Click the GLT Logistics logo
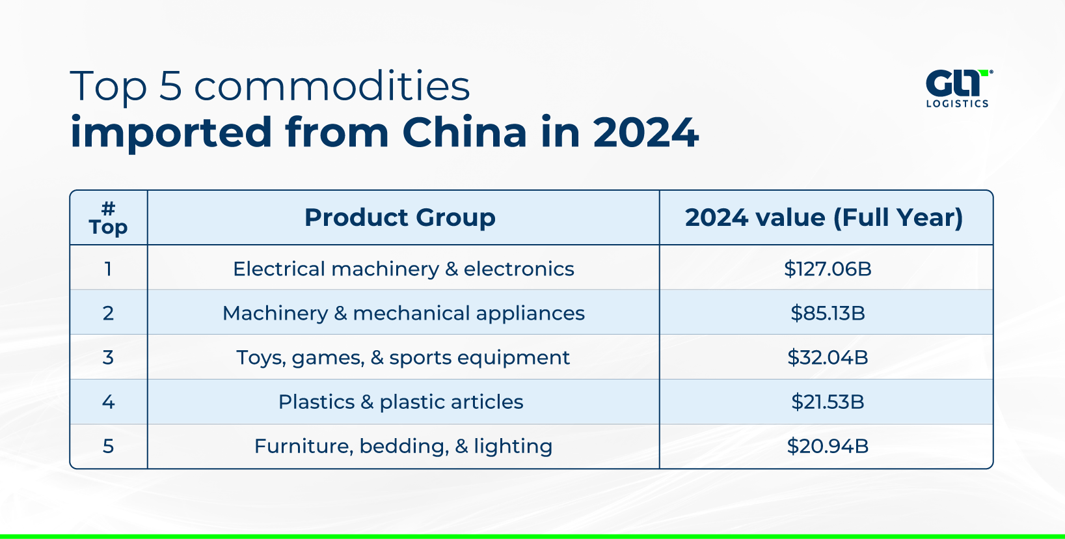[x=958, y=89]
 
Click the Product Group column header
[x=400, y=217]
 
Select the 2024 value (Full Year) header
[x=824, y=217]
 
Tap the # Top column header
[x=108, y=218]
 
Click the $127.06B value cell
[x=828, y=269]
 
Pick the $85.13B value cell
[x=828, y=313]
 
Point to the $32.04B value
[x=828, y=357]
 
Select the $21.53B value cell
[x=828, y=402]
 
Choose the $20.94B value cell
[x=828, y=446]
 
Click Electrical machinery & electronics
[x=403, y=269]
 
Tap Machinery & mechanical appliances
[x=403, y=313]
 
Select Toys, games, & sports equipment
[x=403, y=357]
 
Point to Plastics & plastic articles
[x=401, y=402]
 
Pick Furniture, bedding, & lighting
[x=403, y=446]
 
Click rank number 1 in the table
[x=108, y=269]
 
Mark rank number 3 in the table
[x=108, y=357]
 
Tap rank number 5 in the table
[x=108, y=446]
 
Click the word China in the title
[x=465, y=133]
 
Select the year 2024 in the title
[x=645, y=133]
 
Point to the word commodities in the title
[x=332, y=86]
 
